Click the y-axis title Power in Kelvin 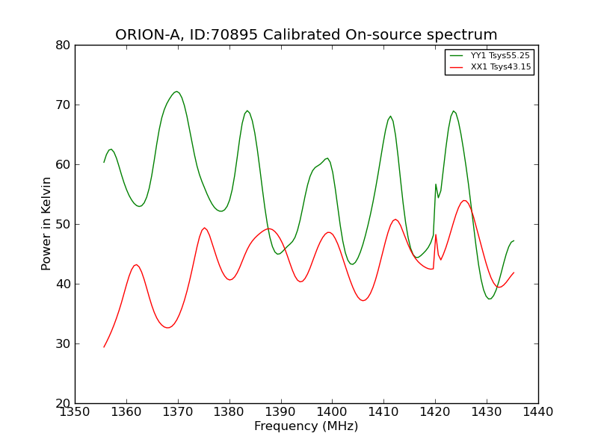[46, 224]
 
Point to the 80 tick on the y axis [63, 46]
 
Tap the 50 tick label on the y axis [63, 225]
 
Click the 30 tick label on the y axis [63, 344]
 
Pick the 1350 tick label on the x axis [75, 411]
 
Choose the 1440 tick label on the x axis [538, 411]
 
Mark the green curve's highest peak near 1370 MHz [176, 92]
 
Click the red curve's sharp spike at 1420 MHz [436, 234]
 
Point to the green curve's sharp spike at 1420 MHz [436, 184]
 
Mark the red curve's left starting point [104, 346]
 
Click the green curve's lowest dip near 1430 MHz [490, 299]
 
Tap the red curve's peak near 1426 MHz [464, 200]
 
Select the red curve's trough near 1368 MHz [168, 327]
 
